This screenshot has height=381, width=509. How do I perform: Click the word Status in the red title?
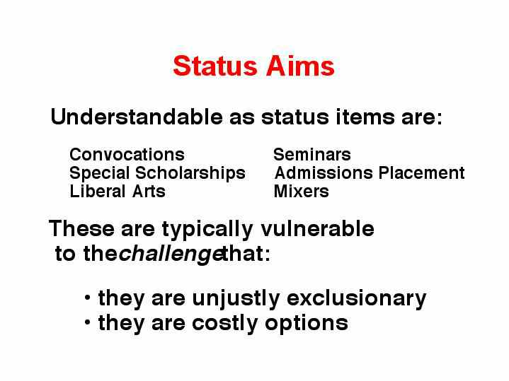click(x=215, y=66)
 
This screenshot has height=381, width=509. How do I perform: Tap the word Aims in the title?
click(x=301, y=66)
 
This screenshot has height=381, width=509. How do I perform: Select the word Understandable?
click(x=137, y=117)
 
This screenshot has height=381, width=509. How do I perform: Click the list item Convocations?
click(x=127, y=154)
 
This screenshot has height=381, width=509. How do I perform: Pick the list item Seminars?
click(x=312, y=154)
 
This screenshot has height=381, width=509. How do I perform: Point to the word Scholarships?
click(x=190, y=173)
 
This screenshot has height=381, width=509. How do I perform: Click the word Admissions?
click(x=324, y=172)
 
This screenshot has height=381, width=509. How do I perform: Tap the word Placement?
click(x=422, y=172)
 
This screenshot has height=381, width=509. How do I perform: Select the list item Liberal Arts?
click(x=118, y=192)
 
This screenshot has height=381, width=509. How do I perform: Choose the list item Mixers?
click(x=302, y=192)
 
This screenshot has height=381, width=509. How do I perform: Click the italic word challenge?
click(x=171, y=254)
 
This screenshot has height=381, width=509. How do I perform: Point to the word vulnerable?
click(x=317, y=228)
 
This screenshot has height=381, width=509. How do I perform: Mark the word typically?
click(x=207, y=230)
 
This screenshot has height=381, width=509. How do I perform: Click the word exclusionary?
click(x=356, y=298)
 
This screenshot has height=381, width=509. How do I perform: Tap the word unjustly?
click(x=236, y=299)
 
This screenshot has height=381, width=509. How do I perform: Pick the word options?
click(x=307, y=324)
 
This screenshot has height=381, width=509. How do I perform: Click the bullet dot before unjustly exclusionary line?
click(x=87, y=298)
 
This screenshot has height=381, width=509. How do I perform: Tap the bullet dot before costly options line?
click(x=87, y=322)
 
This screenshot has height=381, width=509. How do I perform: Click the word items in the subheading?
click(x=365, y=117)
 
